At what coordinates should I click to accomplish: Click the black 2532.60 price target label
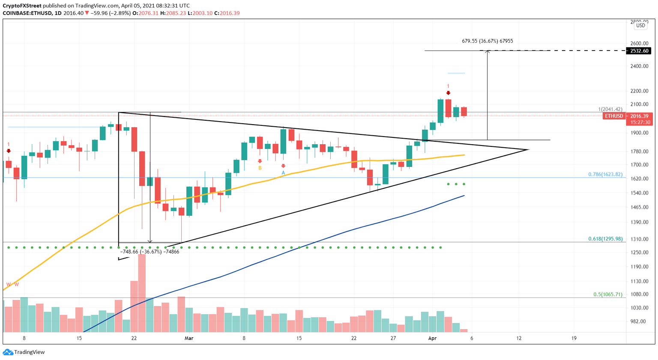[639, 51]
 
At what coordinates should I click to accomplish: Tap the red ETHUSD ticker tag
[614, 116]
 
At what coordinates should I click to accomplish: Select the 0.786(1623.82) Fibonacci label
[605, 175]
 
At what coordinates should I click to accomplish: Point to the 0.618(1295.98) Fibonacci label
[605, 239]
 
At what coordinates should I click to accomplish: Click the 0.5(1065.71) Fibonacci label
[607, 295]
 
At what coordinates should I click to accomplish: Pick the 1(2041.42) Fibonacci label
[610, 110]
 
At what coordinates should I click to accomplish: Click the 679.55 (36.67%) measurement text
[487, 41]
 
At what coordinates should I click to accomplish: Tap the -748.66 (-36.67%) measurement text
[150, 252]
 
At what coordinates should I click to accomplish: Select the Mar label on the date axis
[189, 338]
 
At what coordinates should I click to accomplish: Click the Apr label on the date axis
[432, 338]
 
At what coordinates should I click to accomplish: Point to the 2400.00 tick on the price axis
[639, 66]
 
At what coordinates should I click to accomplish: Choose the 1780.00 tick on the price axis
[639, 151]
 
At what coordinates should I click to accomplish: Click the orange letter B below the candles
[260, 168]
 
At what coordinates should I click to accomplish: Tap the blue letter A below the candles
[283, 173]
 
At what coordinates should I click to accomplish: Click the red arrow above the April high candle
[448, 93]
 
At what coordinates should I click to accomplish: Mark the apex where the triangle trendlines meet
[529, 149]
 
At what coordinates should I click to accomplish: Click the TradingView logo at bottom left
[24, 352]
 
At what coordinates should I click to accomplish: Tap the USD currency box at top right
[640, 26]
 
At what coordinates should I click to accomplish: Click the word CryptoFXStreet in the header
[22, 6]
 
